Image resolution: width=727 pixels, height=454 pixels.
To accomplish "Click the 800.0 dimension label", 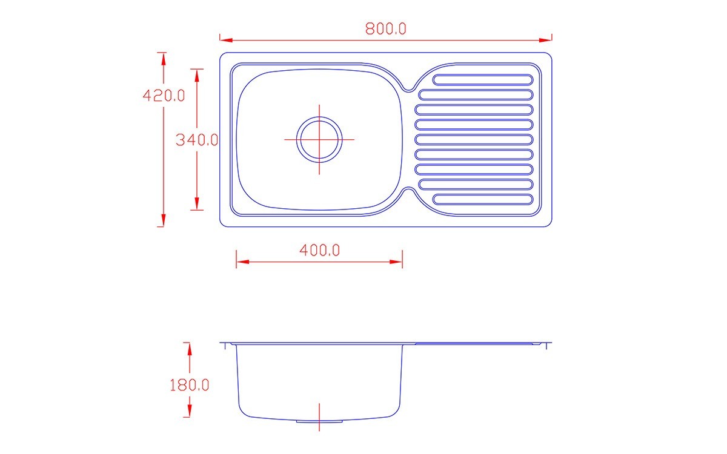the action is click(x=385, y=28).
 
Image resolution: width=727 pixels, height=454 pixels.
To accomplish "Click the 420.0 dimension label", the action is click(x=164, y=96).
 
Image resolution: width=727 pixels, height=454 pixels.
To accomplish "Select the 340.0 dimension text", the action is click(x=197, y=140).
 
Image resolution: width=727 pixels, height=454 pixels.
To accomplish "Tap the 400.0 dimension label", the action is click(x=320, y=251).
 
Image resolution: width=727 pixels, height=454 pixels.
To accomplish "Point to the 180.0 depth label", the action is click(x=190, y=385).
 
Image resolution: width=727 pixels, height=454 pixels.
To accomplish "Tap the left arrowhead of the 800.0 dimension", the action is click(x=226, y=40).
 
